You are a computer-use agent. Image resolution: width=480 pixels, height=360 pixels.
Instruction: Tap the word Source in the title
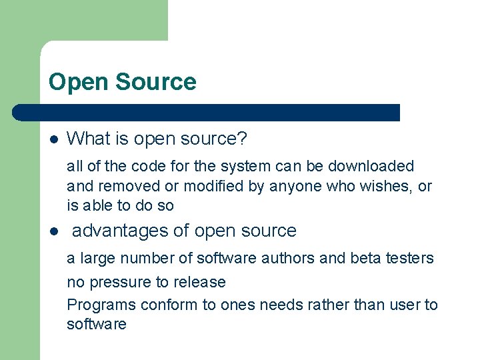(156, 82)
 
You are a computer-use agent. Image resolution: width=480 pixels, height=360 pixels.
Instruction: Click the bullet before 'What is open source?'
(54, 139)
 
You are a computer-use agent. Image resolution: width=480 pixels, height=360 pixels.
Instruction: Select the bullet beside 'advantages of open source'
(54, 232)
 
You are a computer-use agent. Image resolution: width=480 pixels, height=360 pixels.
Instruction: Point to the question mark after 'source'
(242, 139)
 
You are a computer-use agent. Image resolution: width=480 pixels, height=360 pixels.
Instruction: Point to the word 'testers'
(411, 258)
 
